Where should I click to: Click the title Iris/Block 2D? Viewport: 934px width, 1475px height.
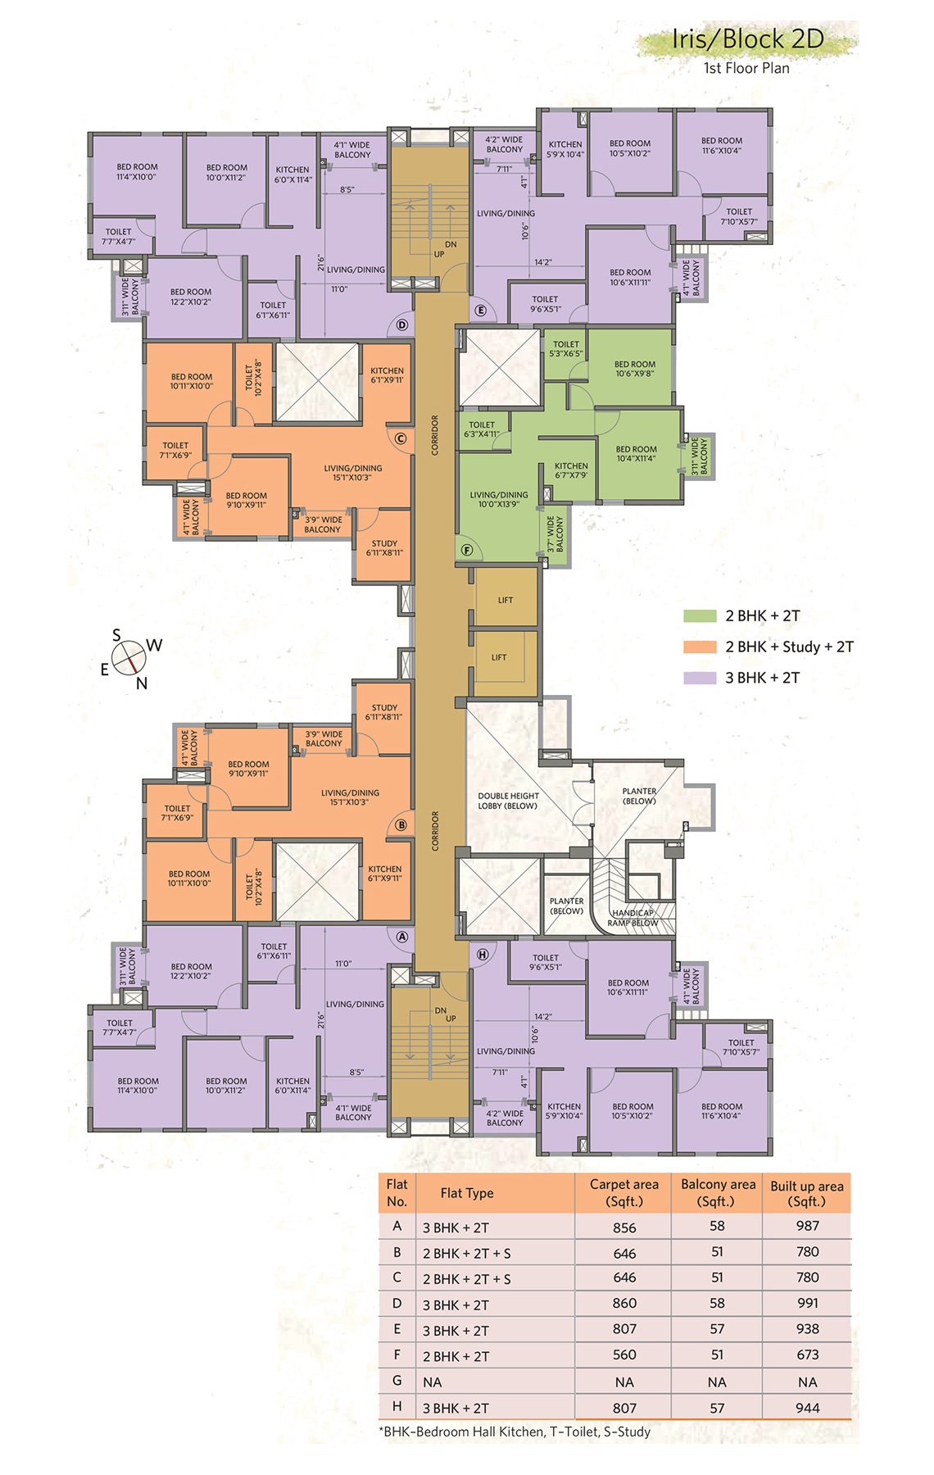pyautogui.click(x=748, y=39)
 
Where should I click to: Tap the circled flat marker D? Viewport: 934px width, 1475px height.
pyautogui.click(x=401, y=324)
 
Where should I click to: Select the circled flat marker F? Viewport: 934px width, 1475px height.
pyautogui.click(x=467, y=550)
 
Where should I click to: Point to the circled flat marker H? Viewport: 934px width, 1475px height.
pyautogui.click(x=482, y=954)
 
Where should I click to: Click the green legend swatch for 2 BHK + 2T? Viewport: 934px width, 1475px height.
pyautogui.click(x=700, y=615)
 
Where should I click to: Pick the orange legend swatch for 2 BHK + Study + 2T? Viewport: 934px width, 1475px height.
pyautogui.click(x=700, y=647)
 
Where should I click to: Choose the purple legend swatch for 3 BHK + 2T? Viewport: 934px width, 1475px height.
pyautogui.click(x=700, y=678)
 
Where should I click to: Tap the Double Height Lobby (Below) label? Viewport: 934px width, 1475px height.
pyautogui.click(x=508, y=801)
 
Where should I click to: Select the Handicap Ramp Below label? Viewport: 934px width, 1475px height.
pyautogui.click(x=632, y=918)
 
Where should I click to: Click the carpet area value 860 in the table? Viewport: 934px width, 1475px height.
pyautogui.click(x=624, y=1303)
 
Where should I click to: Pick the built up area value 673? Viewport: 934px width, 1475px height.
pyautogui.click(x=808, y=1355)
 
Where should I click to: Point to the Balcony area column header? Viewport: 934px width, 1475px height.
pyautogui.click(x=718, y=1192)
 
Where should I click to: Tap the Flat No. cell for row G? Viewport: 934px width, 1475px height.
pyautogui.click(x=397, y=1381)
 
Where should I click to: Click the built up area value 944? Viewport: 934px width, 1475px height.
pyautogui.click(x=808, y=1408)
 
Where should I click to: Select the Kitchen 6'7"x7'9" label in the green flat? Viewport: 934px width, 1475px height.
pyautogui.click(x=571, y=470)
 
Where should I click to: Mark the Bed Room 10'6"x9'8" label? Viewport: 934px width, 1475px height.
pyautogui.click(x=635, y=369)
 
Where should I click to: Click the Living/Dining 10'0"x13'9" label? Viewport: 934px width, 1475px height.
pyautogui.click(x=499, y=499)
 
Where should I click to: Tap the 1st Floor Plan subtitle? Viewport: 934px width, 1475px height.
pyautogui.click(x=746, y=68)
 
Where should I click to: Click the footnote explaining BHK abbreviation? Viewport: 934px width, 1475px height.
pyautogui.click(x=515, y=1432)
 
